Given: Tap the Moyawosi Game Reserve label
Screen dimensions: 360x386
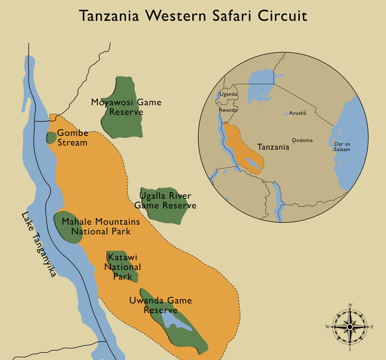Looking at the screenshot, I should [126, 107].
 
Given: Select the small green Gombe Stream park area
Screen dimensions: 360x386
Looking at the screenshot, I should [51, 137].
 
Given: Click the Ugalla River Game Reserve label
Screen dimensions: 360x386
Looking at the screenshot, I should [165, 201].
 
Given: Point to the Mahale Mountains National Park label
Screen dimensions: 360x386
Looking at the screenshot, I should [101, 226].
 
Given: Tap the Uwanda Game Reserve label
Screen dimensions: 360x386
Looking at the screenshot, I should [161, 305].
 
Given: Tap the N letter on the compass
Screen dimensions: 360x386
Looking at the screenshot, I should [350, 305].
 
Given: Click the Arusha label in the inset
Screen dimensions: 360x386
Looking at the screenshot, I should [296, 113].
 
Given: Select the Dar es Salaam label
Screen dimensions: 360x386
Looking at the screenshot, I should [342, 147].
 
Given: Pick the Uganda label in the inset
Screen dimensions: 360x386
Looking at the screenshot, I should [229, 94].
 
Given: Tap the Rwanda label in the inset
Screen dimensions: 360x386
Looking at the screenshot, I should [228, 110].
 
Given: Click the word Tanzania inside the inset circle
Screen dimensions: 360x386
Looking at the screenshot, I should [273, 147].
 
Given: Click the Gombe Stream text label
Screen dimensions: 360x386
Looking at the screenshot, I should [72, 138].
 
